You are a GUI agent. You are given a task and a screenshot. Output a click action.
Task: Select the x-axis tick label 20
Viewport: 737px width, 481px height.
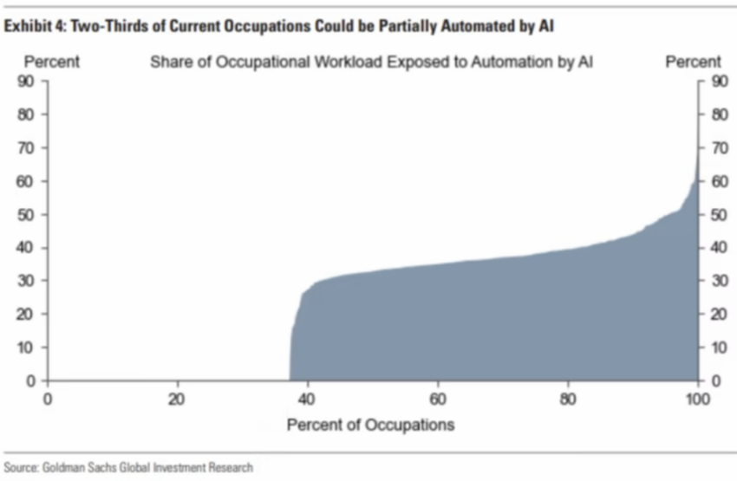click(x=178, y=400)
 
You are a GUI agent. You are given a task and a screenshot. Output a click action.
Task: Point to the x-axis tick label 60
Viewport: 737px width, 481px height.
click(x=438, y=400)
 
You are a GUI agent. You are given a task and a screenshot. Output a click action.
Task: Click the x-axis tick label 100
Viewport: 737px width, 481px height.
click(x=697, y=400)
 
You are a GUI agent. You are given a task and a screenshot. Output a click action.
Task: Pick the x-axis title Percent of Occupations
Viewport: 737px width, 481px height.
click(x=370, y=425)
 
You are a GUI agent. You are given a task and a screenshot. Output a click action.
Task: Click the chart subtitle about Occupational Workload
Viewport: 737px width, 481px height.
click(x=372, y=62)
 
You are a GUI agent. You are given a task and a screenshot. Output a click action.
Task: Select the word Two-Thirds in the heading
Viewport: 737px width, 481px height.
click(x=102, y=26)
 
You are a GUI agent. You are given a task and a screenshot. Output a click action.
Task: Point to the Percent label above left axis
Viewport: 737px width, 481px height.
click(x=51, y=62)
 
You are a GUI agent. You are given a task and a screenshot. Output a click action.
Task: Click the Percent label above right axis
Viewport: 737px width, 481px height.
click(x=693, y=62)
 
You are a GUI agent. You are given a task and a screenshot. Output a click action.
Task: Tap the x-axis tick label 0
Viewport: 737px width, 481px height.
click(x=48, y=400)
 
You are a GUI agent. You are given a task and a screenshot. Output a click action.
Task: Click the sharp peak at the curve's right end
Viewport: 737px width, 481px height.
click(x=697, y=156)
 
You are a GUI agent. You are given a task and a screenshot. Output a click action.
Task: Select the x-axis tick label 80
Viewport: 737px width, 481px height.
click(x=568, y=400)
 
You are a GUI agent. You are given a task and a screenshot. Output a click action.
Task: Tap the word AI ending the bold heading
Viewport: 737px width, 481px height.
click(x=546, y=26)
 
